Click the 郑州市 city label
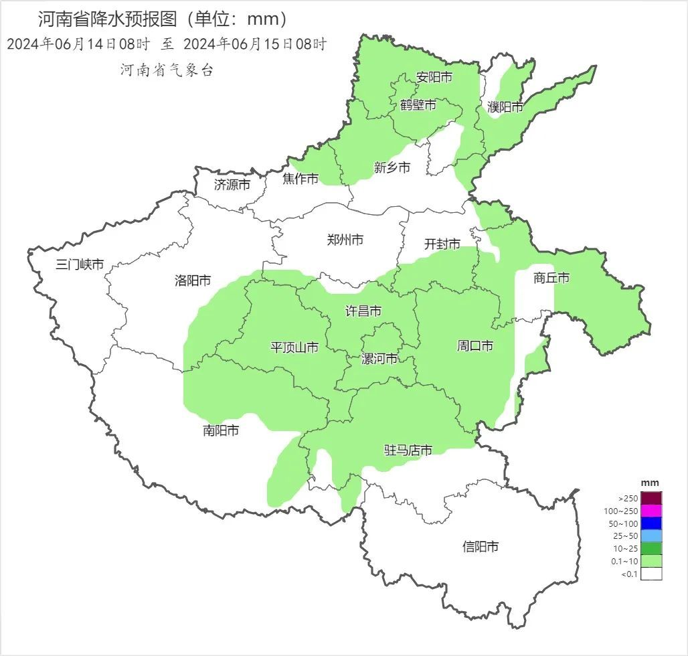345,240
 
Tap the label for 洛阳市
193,280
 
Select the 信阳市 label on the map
481,547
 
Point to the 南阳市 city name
221,430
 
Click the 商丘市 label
551,278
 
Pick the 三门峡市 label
80,264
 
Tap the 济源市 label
232,184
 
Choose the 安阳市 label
434,77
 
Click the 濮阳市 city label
505,106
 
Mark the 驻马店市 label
408,450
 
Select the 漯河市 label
379,359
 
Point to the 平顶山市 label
294,347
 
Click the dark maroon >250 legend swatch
651,498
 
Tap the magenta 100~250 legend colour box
651,511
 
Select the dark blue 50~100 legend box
651,523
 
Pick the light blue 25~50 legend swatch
651,536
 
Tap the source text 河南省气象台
167,70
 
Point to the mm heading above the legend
650,483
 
